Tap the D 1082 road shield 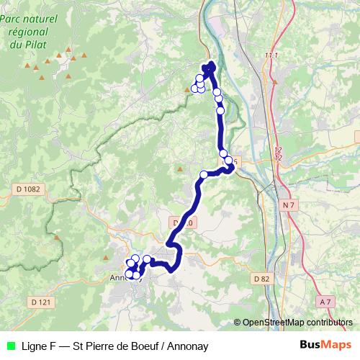pos(28,189)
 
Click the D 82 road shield pos(261,278)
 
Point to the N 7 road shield pos(289,205)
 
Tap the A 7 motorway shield pos(326,302)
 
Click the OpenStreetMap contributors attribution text pos(297,322)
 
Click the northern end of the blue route pos(212,66)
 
